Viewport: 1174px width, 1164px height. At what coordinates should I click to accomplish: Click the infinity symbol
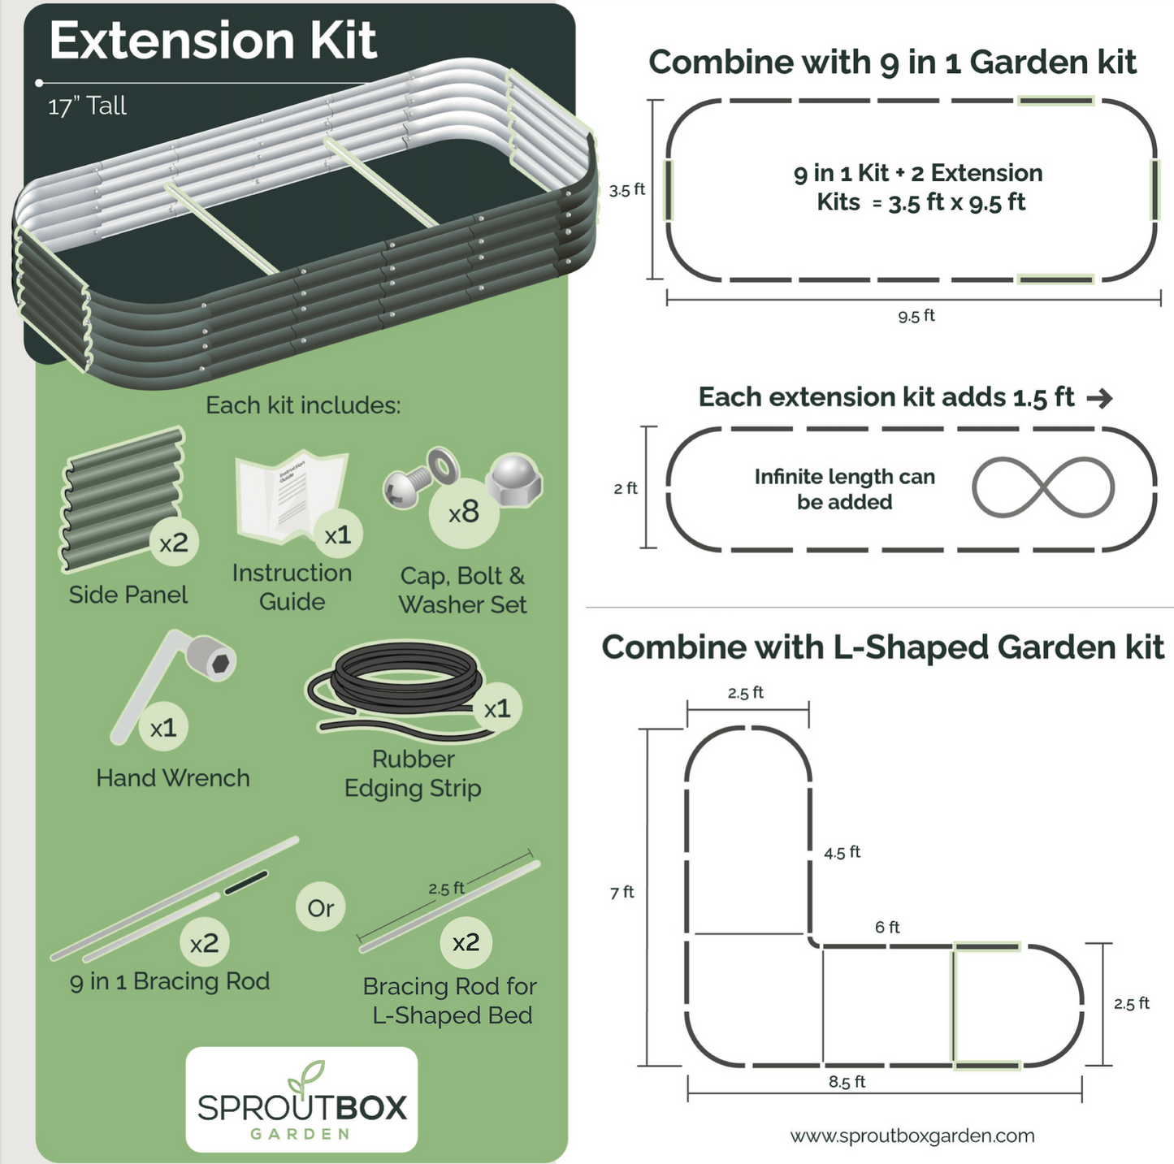(x=1043, y=487)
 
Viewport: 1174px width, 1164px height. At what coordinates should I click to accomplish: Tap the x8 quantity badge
(x=464, y=513)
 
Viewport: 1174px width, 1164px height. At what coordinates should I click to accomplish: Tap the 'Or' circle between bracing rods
(x=321, y=907)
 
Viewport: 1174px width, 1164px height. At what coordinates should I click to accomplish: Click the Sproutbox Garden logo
(x=301, y=1099)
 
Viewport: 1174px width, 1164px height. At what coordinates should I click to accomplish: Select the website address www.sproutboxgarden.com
(x=912, y=1136)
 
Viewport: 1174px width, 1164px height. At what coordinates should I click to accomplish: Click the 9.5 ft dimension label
(x=916, y=316)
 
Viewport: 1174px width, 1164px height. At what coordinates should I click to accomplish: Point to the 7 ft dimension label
(x=622, y=892)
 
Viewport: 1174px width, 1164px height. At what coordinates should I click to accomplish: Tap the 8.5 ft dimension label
(x=847, y=1082)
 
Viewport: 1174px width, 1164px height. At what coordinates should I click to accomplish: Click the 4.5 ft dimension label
(x=842, y=852)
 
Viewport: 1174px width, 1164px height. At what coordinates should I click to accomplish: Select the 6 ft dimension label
(x=887, y=927)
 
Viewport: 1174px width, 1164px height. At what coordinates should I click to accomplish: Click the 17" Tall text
(x=87, y=106)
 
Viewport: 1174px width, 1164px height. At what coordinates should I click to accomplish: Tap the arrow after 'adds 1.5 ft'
(x=1099, y=398)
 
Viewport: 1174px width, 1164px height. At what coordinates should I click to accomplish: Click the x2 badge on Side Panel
(x=174, y=543)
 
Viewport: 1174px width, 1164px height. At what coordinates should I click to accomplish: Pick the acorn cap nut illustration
(x=513, y=479)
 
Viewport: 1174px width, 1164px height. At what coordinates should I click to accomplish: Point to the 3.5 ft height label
(x=627, y=190)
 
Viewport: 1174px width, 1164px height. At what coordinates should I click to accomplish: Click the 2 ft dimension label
(x=625, y=488)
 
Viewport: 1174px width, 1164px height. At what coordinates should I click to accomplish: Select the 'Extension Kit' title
(x=213, y=41)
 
